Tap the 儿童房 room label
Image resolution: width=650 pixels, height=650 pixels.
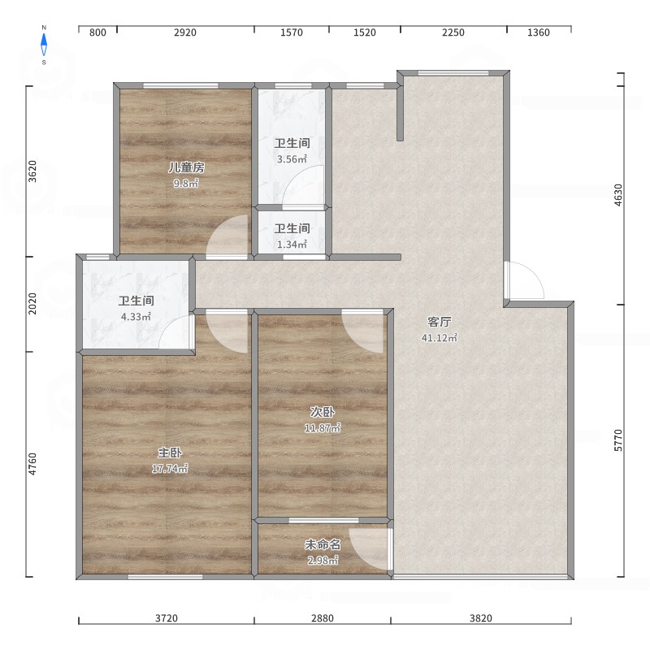pos(186,167)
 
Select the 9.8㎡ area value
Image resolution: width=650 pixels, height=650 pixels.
pos(186,184)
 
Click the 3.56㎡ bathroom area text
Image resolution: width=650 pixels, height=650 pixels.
pos(292,158)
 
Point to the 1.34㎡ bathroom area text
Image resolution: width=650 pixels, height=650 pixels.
pos(292,245)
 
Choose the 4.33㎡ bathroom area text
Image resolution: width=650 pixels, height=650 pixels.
pos(136,317)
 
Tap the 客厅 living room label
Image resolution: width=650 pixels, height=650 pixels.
pos(440,322)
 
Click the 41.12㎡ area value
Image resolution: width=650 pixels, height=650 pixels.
pos(440,338)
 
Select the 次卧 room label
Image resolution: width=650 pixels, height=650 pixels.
pos(323,412)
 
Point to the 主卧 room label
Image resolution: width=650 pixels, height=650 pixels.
pos(170,453)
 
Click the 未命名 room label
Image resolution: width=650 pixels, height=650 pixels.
pos(323,544)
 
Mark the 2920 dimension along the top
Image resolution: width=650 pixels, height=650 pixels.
pos(185,32)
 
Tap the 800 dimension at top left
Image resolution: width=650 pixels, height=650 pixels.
pos(97,32)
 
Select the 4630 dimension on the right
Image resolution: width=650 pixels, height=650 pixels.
pos(618,195)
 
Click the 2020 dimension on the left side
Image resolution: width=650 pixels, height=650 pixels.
pos(32,303)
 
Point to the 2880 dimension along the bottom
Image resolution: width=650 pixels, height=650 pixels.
pos(323,618)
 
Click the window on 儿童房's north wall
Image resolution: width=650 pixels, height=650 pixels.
pos(180,86)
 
